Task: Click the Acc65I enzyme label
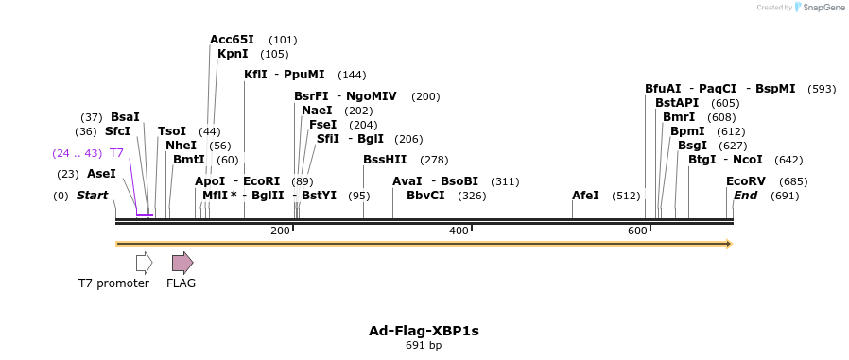click(x=232, y=40)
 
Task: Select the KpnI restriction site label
click(x=233, y=54)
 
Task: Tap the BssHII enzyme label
click(x=385, y=160)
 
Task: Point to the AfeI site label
click(x=585, y=196)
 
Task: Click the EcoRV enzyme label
click(x=746, y=181)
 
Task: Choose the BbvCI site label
click(x=425, y=196)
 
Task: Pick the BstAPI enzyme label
click(x=677, y=103)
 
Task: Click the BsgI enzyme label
click(x=693, y=146)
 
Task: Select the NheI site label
click(x=181, y=146)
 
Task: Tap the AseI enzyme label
click(x=101, y=174)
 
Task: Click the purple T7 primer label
click(x=116, y=153)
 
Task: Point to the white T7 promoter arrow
click(x=144, y=263)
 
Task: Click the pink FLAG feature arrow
click(x=182, y=263)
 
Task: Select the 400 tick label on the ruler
click(x=459, y=231)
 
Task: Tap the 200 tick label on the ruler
click(x=280, y=231)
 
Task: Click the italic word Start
click(x=93, y=196)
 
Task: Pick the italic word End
click(x=745, y=196)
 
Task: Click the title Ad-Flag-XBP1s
click(x=424, y=331)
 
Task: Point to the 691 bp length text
click(x=424, y=346)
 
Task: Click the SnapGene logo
click(x=819, y=8)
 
